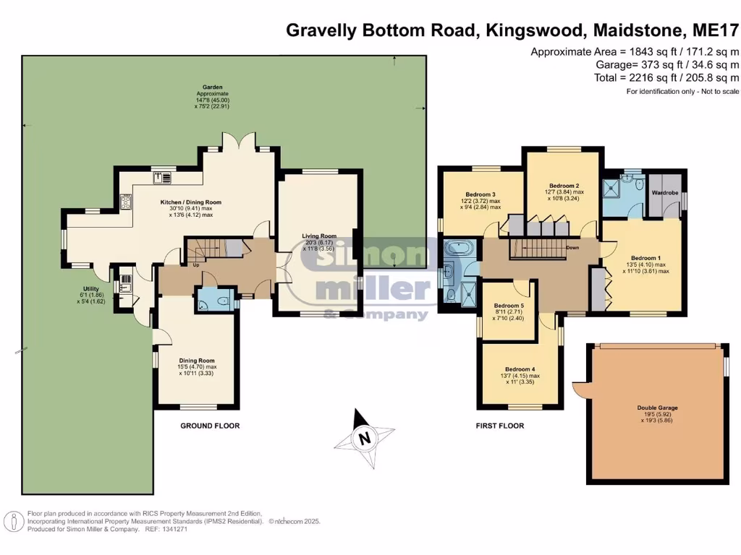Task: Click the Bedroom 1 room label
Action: pos(645,258)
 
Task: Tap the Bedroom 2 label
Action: pos(564,185)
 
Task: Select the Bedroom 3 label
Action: pos(480,194)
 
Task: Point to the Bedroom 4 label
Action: pos(520,369)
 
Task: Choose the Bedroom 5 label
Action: pos(509,306)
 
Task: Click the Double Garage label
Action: pos(657,408)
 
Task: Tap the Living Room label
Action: pos(319,236)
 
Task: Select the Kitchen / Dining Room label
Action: pos(190,202)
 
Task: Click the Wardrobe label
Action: pos(664,193)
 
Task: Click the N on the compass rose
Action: pos(365,437)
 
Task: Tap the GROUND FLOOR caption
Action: pos(210,426)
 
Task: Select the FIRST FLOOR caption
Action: pos(500,426)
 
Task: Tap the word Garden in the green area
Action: pos(212,86)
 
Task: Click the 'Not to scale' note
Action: pos(717,92)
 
